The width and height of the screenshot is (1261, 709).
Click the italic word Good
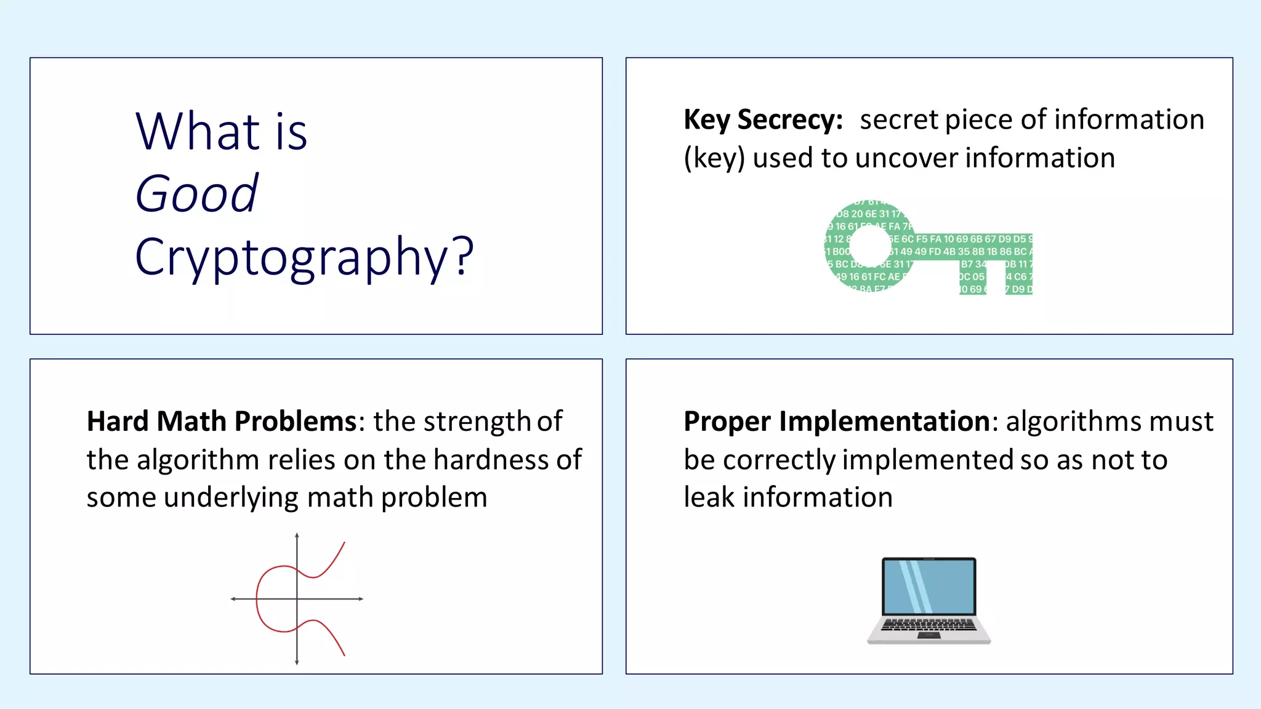point(196,194)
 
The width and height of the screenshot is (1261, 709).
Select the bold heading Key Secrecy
point(763,120)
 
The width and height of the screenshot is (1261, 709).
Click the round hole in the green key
point(869,247)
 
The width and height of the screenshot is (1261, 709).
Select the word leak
point(709,497)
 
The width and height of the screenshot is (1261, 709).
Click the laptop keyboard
point(929,625)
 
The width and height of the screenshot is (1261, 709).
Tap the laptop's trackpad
point(929,635)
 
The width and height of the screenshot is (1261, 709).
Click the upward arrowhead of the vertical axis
point(297,535)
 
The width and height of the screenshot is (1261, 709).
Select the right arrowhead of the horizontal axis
point(361,598)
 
